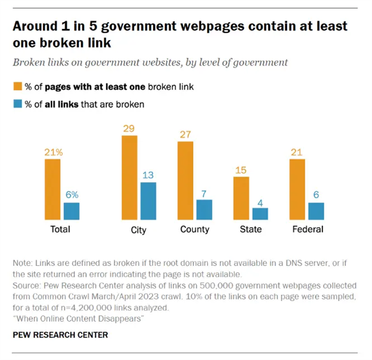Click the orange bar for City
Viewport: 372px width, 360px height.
[129, 178]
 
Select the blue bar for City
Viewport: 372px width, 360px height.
[148, 201]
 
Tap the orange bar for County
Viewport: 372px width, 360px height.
[185, 180]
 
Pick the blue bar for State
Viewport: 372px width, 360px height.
[260, 213]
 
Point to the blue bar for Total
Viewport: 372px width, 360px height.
[71, 211]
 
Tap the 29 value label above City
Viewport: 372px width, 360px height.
[129, 128]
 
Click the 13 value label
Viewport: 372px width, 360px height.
[148, 175]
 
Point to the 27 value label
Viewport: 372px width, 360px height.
[185, 133]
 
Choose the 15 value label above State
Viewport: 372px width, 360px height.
[241, 169]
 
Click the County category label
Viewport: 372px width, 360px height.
[195, 229]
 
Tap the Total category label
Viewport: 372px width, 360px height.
[61, 229]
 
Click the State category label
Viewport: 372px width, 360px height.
[250, 229]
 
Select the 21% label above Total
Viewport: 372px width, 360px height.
[52, 151]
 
